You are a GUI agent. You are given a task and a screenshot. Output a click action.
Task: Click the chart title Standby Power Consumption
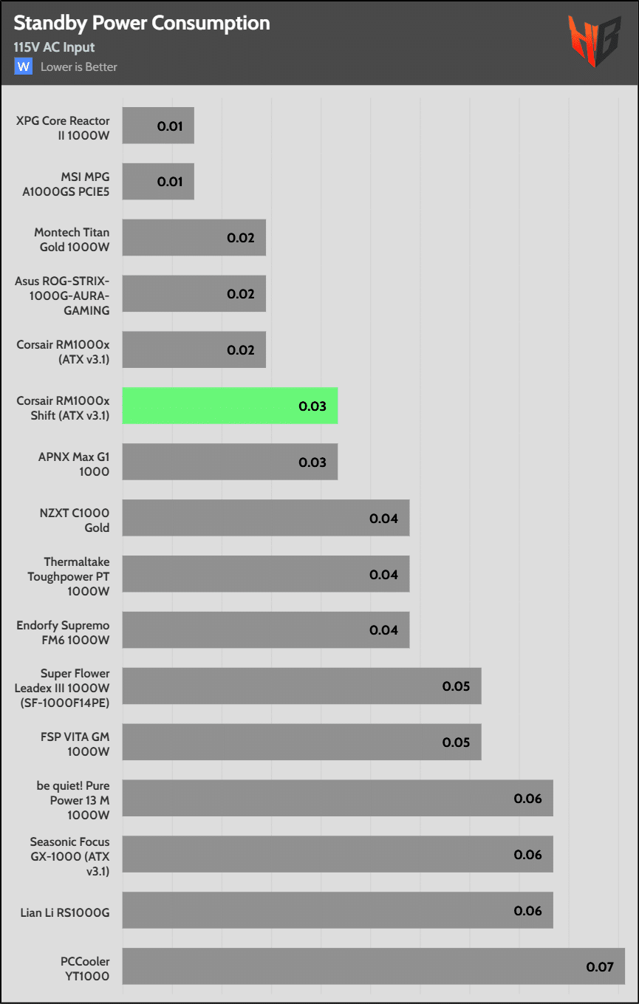point(142,24)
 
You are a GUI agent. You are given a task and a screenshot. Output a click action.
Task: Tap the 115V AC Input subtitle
point(54,47)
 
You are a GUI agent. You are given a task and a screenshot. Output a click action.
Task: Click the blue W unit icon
point(24,66)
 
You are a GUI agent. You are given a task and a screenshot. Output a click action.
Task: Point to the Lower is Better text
point(79,67)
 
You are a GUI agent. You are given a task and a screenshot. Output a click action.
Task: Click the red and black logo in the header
point(594,41)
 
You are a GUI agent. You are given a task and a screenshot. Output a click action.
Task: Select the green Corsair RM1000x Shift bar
point(230,406)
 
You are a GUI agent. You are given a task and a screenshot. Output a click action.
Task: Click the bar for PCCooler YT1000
point(373,966)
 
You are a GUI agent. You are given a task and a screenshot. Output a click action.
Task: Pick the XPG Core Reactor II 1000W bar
point(158,126)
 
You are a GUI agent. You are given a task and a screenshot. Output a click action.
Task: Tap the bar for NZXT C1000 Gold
point(265,518)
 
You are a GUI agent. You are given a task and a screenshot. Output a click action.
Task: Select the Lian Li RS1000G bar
point(337,910)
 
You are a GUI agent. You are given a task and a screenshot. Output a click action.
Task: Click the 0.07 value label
point(600,966)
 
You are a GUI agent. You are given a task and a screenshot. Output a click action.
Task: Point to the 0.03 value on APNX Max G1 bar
point(312,462)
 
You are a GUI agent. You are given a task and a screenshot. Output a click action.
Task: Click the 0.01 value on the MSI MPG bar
point(170,182)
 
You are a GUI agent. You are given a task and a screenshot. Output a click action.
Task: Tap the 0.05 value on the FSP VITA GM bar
point(456,742)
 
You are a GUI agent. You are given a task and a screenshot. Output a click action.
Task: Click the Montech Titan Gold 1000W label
point(72,239)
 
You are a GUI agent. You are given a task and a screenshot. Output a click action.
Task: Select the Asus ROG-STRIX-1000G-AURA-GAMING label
point(62,295)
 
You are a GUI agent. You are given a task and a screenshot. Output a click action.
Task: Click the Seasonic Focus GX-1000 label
point(69,855)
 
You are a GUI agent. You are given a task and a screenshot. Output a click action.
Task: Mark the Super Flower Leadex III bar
point(301,686)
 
